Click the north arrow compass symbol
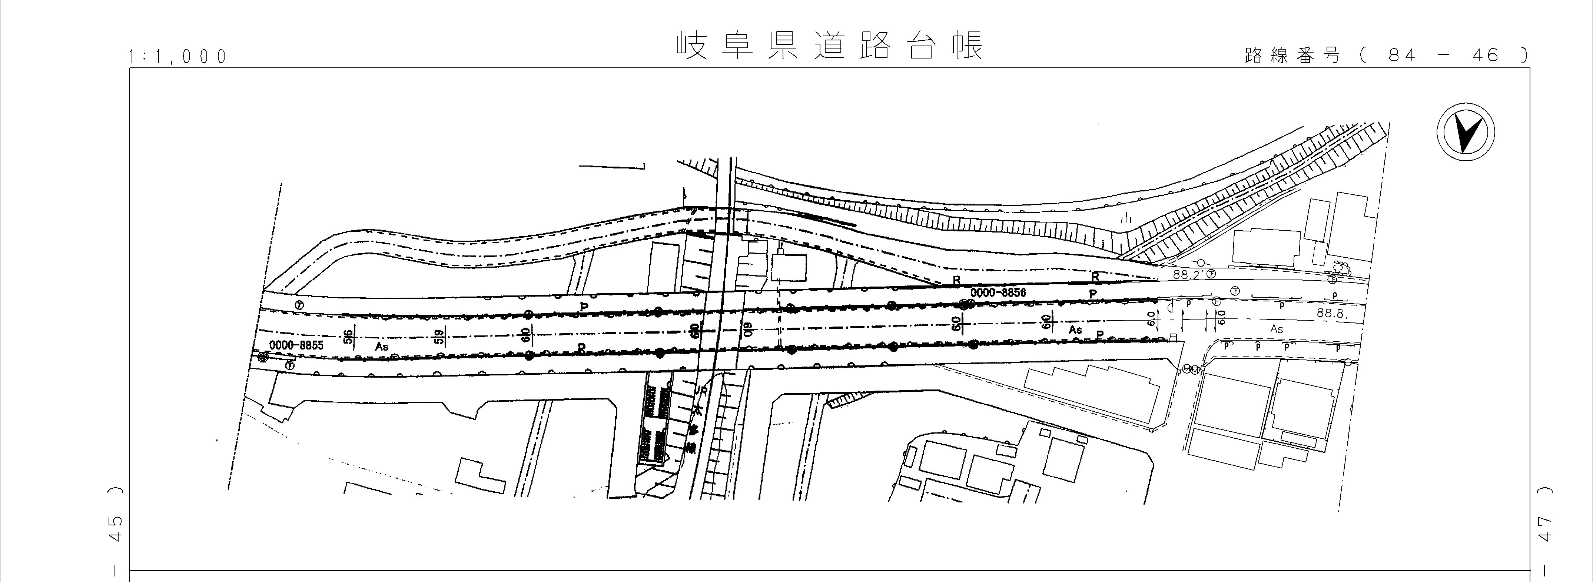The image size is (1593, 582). pos(1465,133)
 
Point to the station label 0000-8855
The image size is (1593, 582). pos(296,345)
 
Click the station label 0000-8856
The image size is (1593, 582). pos(998,292)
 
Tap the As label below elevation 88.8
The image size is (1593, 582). pos(1277,329)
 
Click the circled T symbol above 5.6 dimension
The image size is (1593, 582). pos(299,305)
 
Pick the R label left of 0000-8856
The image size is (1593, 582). pos(956,280)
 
